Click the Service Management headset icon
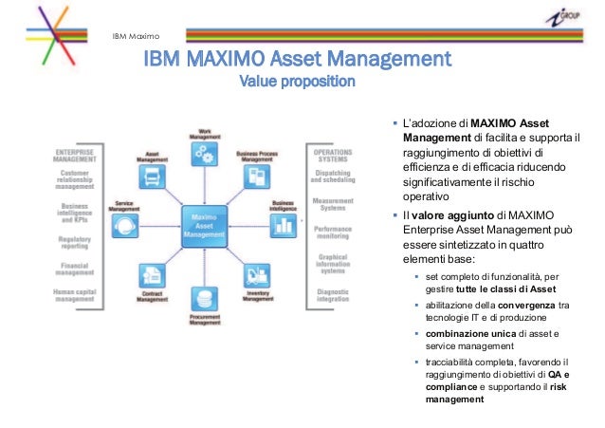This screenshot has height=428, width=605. point(122,227)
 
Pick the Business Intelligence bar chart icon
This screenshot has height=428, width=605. point(283,226)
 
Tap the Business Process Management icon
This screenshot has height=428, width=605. point(256,177)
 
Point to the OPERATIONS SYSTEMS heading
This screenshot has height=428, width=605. point(333,156)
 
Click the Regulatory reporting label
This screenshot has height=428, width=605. point(75,244)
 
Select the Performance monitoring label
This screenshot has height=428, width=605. point(334,234)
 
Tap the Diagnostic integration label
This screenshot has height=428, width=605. point(334,296)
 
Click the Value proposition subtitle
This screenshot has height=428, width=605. point(297,82)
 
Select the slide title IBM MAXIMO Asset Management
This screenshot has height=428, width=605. point(296,60)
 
